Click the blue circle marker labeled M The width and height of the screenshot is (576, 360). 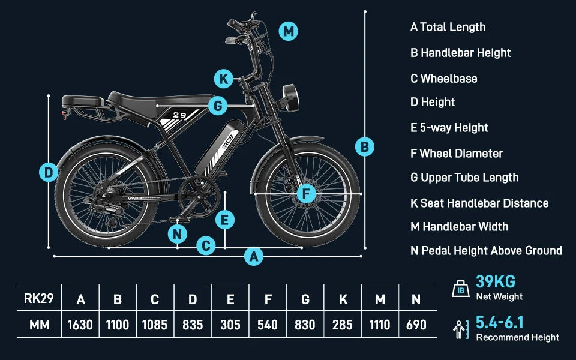pyautogui.click(x=289, y=31)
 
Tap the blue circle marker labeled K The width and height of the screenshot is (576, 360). pyautogui.click(x=223, y=79)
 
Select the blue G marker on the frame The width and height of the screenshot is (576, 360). pyautogui.click(x=218, y=107)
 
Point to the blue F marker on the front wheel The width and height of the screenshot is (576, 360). pyautogui.click(x=306, y=194)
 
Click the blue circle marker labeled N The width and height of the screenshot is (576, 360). pyautogui.click(x=177, y=234)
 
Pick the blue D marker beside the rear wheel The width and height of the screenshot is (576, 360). pyautogui.click(x=49, y=173)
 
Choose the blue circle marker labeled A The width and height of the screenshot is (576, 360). pyautogui.click(x=254, y=257)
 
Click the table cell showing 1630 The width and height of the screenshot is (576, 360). pyautogui.click(x=80, y=325)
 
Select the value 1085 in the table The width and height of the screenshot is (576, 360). pyautogui.click(x=155, y=325)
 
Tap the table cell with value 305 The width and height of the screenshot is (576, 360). pyautogui.click(x=230, y=325)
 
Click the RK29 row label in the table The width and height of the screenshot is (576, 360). pyautogui.click(x=37, y=299)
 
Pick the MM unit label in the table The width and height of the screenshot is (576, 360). pyautogui.click(x=37, y=325)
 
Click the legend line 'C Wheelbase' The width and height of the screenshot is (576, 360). pyautogui.click(x=444, y=79)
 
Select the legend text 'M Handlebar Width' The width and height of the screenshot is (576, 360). pyautogui.click(x=460, y=227)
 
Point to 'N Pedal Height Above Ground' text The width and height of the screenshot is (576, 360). pyautogui.click(x=486, y=251)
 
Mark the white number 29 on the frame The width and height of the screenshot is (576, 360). pyautogui.click(x=179, y=115)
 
